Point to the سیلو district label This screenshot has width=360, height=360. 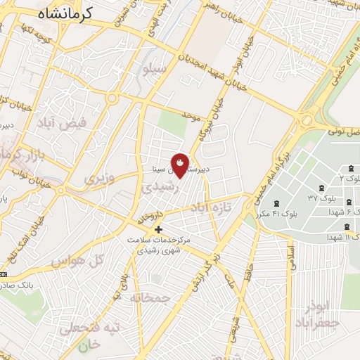(154, 70)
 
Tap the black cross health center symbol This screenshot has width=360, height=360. (159, 229)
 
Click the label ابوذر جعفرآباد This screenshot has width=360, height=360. (317, 316)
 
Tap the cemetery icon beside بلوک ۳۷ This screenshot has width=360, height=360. (321, 188)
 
